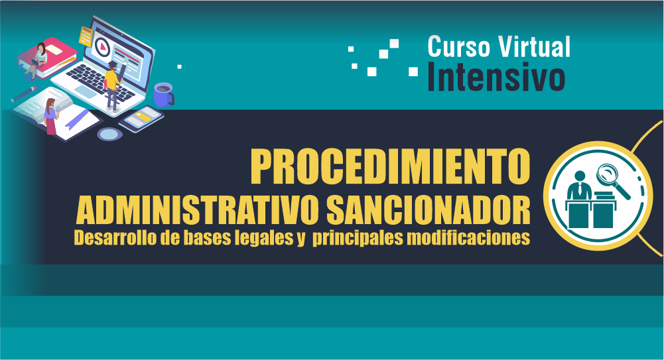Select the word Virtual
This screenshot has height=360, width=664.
(534, 46)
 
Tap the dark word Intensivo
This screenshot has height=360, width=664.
(496, 77)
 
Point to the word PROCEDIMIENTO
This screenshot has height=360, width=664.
(390, 166)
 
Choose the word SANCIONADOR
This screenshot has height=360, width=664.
(428, 210)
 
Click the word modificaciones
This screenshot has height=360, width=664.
(468, 237)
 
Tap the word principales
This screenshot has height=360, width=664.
(358, 238)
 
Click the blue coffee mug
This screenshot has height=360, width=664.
(163, 94)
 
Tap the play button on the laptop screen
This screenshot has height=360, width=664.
(102, 46)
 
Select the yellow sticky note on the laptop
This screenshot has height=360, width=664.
(86, 36)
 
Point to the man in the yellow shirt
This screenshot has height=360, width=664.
(114, 85)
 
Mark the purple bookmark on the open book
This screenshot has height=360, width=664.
(76, 119)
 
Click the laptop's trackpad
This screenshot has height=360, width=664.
(86, 91)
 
